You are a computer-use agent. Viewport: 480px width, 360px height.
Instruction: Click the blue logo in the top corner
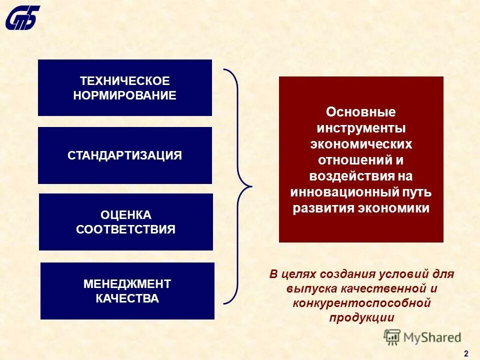click(x=23, y=17)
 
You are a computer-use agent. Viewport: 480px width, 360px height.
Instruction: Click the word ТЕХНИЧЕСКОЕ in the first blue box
click(x=124, y=81)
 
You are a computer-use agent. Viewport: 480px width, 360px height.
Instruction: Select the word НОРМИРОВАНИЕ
click(x=124, y=95)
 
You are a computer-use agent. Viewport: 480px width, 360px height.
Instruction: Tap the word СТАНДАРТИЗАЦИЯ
click(x=124, y=155)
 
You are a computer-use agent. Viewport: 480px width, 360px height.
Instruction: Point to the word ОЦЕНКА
click(x=125, y=215)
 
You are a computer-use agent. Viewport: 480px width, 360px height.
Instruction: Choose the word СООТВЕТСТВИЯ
click(x=125, y=229)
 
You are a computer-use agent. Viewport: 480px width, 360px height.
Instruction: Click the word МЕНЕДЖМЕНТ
click(x=127, y=284)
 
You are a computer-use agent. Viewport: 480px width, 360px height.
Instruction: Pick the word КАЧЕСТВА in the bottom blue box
click(x=127, y=299)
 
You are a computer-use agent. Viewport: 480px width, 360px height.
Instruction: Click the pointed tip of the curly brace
click(x=249, y=187)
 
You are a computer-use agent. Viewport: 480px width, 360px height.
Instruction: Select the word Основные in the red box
click(x=360, y=112)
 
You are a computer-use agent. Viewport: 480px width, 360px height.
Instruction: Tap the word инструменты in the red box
click(x=360, y=128)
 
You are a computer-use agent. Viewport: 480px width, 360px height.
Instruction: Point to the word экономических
click(x=360, y=144)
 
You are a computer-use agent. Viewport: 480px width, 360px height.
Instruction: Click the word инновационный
click(x=343, y=192)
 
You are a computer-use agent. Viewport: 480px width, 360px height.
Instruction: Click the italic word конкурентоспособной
click(x=361, y=303)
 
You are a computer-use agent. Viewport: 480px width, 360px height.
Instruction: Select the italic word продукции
click(x=361, y=317)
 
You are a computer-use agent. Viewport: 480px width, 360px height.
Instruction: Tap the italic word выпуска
click(x=306, y=288)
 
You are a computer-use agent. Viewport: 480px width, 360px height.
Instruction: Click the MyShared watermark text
click(x=431, y=337)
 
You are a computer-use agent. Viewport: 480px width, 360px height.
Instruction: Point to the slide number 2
click(x=466, y=353)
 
